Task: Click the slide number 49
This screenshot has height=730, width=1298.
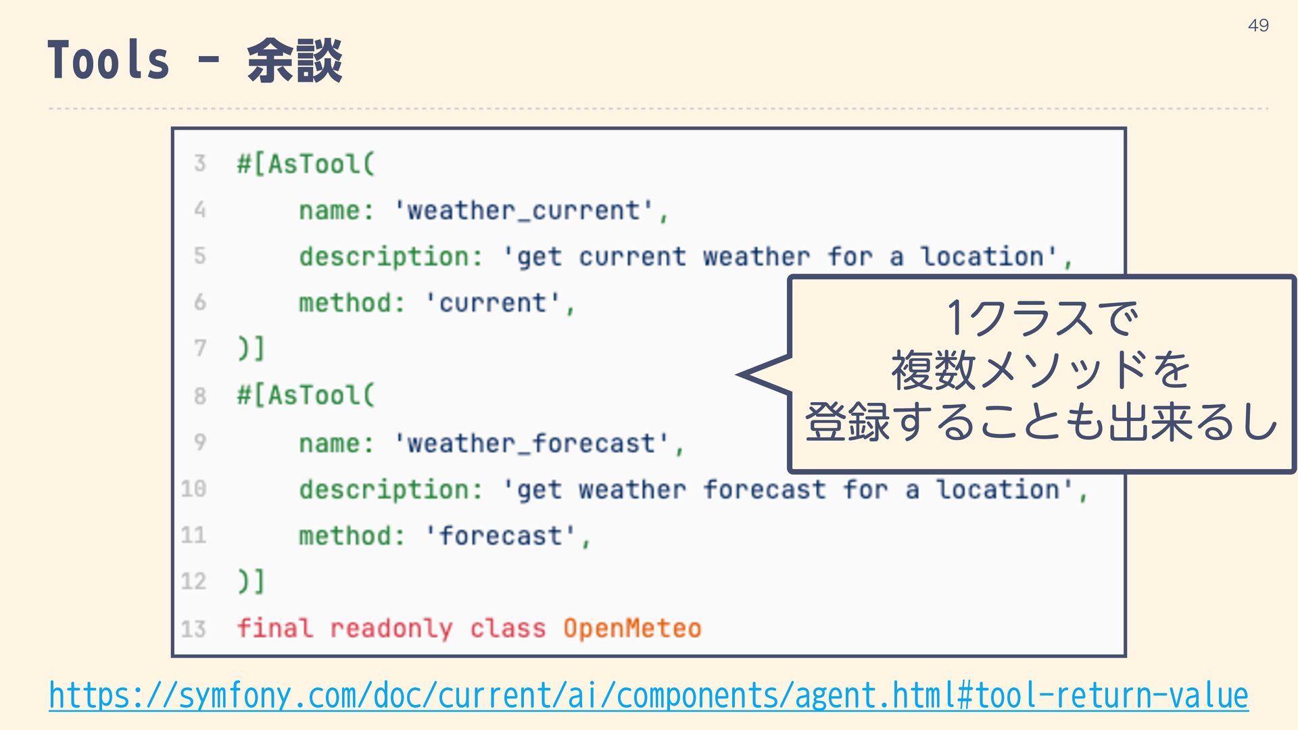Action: [x=1258, y=26]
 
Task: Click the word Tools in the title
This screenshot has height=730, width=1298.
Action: [x=108, y=61]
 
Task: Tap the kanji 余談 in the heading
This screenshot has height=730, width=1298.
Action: [x=295, y=61]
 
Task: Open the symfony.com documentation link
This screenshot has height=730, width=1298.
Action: [x=648, y=696]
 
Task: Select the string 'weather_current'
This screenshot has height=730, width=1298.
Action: [x=525, y=210]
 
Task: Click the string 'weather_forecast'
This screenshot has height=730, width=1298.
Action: [x=532, y=443]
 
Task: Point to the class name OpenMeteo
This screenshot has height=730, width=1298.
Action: [x=632, y=629]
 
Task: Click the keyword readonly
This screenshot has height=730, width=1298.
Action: [x=391, y=629]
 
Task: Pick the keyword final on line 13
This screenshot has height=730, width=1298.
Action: [x=275, y=629]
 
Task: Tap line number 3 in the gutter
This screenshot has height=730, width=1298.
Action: [x=199, y=163]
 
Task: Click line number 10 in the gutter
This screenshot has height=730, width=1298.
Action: [x=193, y=489]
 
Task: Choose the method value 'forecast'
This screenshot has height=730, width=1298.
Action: [x=501, y=536]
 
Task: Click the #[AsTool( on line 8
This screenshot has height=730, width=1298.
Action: [x=306, y=395]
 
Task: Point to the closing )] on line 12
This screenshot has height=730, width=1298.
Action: [x=251, y=581]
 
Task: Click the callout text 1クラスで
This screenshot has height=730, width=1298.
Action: [x=1042, y=318]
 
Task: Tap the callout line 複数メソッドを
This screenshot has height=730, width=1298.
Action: [x=1041, y=370]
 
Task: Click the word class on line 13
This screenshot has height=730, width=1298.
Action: [x=508, y=629]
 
